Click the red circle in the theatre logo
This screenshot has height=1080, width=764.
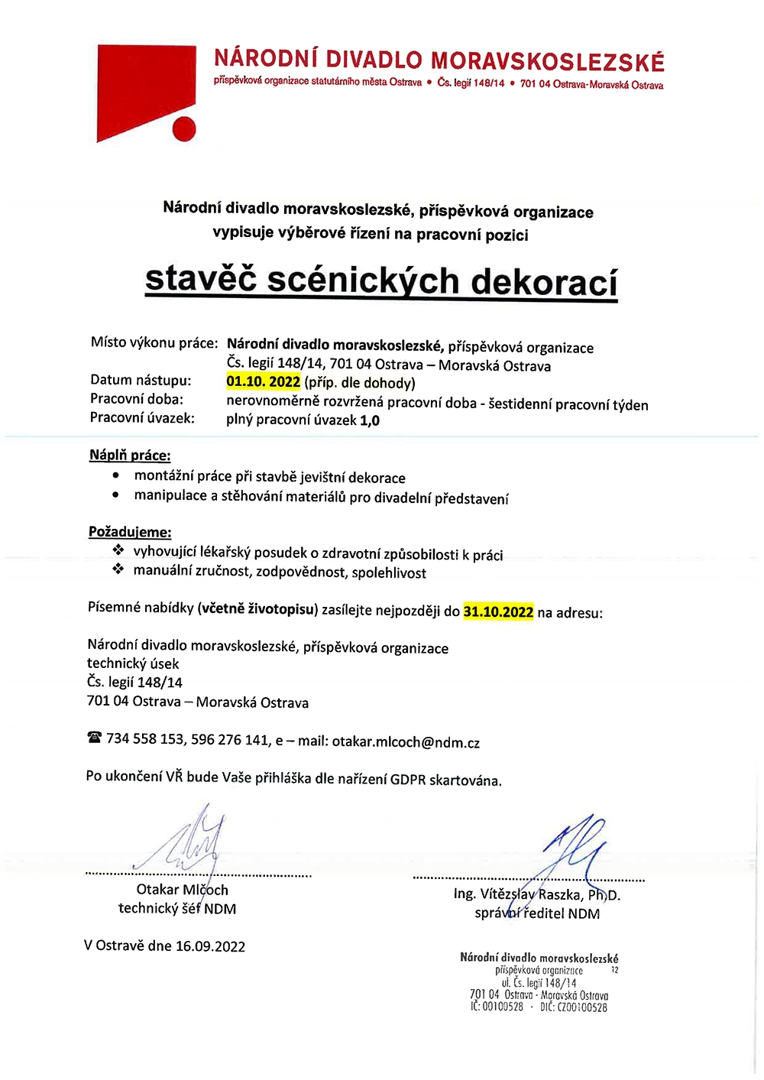coord(184,128)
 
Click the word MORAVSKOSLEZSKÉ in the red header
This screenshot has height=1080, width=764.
coord(547,61)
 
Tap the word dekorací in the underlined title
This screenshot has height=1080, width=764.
coord(543,282)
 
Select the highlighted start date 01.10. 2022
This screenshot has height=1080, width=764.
coord(264,381)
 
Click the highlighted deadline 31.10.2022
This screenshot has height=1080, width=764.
coord(498,611)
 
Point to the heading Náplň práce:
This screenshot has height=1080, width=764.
coord(130,456)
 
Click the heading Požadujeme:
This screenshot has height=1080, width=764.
coord(130,532)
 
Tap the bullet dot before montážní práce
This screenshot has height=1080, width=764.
coord(116,475)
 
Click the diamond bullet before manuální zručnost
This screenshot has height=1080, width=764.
coord(118,569)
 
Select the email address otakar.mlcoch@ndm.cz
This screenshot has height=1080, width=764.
coord(406,742)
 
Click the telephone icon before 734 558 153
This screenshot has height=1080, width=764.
coord(95,738)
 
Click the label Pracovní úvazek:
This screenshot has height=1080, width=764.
coord(142,418)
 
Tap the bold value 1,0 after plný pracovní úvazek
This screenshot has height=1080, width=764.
coord(370,420)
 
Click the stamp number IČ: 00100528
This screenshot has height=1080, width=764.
coord(497,1007)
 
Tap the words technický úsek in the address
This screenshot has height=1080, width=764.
coord(133,663)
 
